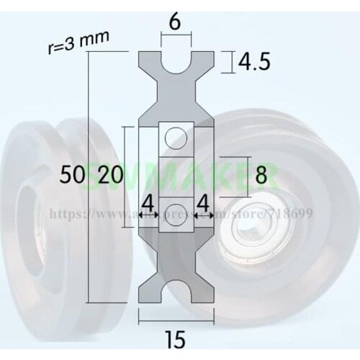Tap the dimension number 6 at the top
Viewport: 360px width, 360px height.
(175, 22)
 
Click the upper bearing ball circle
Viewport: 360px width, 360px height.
(175, 135)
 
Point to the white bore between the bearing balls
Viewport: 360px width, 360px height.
(175, 174)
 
